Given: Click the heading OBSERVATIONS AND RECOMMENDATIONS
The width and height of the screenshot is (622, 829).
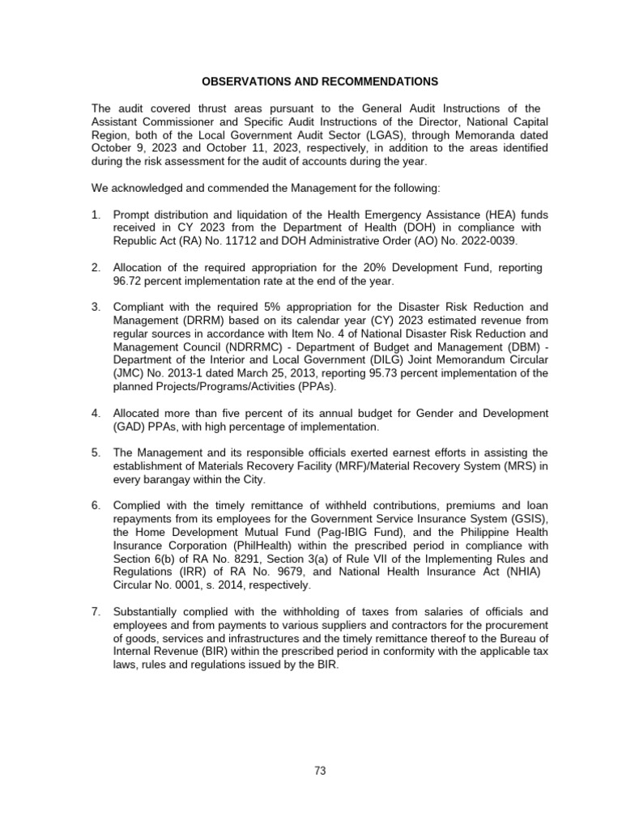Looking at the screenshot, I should [319, 82].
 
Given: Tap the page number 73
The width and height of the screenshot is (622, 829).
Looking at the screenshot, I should [320, 771].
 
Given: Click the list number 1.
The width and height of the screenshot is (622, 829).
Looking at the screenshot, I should [96, 215].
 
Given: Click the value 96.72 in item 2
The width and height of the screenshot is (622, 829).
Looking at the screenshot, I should [128, 281].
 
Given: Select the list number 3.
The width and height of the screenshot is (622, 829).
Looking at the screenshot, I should [96, 307].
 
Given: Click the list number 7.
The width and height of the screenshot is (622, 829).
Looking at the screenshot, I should [96, 611].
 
